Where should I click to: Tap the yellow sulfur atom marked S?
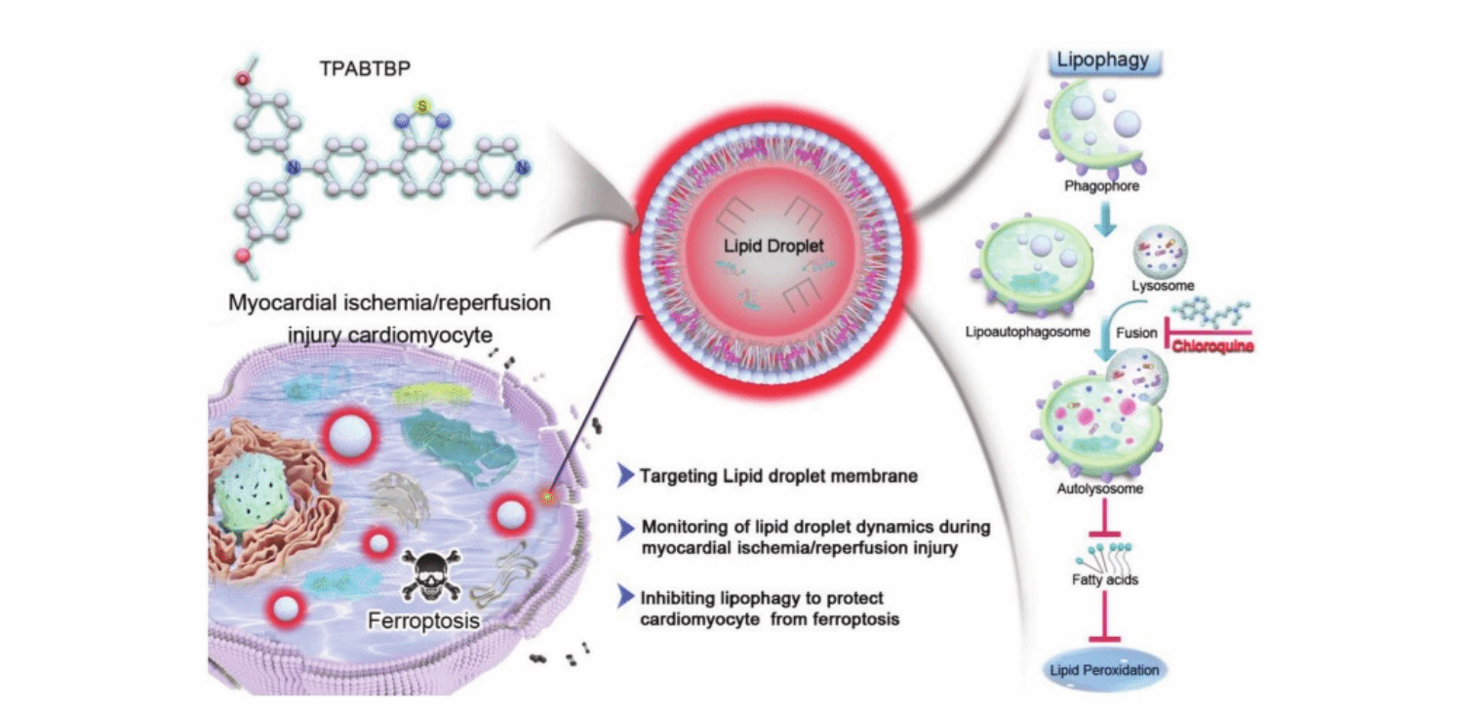click(421, 103)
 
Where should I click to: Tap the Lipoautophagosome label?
click(1025, 331)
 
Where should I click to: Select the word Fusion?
click(1136, 332)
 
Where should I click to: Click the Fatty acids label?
click(1103, 578)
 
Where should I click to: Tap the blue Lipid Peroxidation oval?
click(1103, 669)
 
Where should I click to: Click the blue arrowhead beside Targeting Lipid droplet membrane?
click(626, 476)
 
